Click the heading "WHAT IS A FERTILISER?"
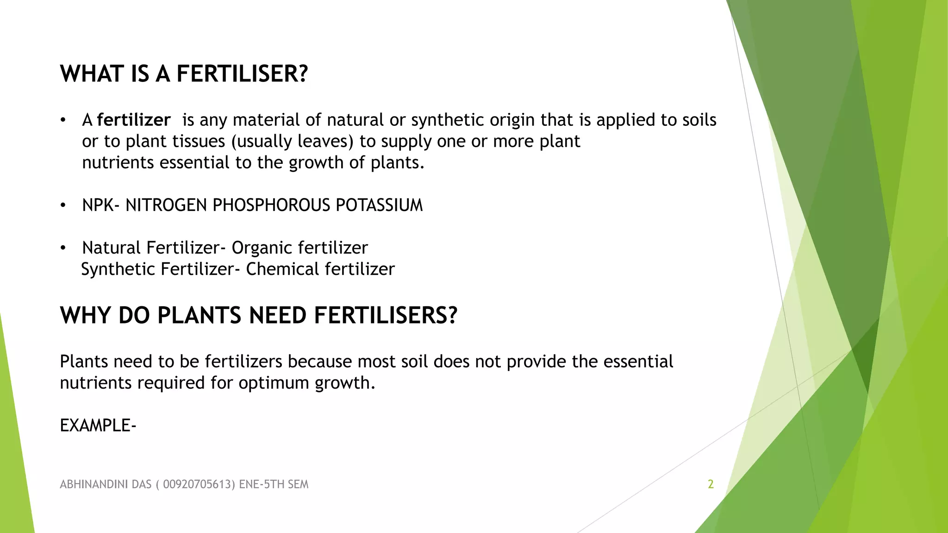click(184, 74)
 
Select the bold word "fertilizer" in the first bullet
click(133, 120)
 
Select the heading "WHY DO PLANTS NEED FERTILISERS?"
click(258, 316)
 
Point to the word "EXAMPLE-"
click(98, 426)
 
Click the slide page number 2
click(711, 484)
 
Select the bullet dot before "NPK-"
click(63, 205)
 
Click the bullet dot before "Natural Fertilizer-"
click(63, 248)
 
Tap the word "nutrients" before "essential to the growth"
click(118, 163)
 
